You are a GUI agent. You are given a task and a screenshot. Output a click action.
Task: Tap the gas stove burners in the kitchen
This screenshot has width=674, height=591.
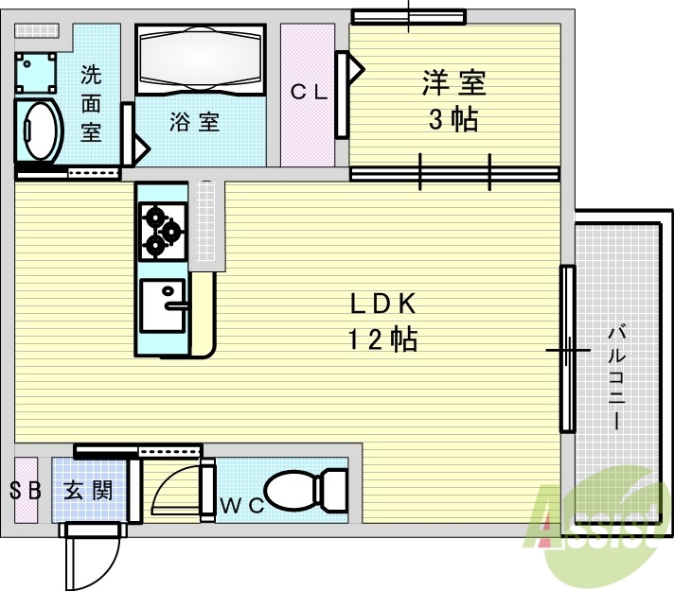tap(161, 231)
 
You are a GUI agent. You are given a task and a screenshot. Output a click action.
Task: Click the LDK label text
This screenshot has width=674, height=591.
tap(383, 304)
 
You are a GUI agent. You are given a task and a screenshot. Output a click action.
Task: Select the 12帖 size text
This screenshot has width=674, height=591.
tap(383, 339)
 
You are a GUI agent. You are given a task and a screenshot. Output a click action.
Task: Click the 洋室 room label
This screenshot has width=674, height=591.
tap(453, 83)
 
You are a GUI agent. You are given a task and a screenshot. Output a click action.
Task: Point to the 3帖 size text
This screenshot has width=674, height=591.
tap(453, 120)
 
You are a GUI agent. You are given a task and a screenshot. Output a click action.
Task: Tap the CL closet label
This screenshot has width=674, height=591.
tap(308, 92)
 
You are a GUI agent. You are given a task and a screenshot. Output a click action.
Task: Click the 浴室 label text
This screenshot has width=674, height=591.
tap(195, 122)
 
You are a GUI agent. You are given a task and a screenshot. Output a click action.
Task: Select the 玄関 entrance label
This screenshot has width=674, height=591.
tap(89, 491)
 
